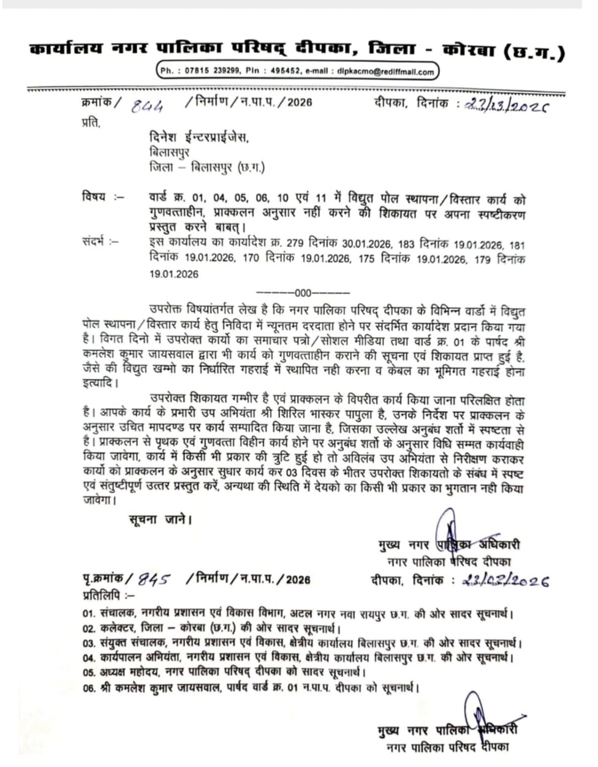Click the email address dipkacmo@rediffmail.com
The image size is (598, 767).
[385, 72]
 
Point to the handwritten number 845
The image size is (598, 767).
[153, 579]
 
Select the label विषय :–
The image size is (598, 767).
[102, 197]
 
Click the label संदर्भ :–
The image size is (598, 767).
[100, 241]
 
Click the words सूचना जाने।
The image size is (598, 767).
[161, 520]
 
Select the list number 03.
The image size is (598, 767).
[89, 643]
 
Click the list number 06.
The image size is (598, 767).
[89, 687]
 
